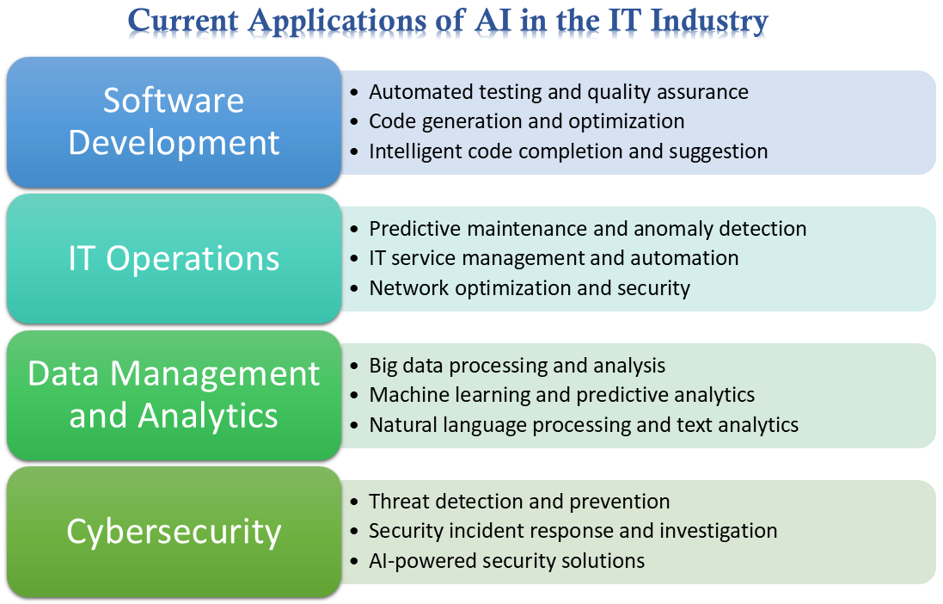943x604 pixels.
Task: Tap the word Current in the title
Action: coord(183,21)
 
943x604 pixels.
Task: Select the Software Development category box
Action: coord(174,121)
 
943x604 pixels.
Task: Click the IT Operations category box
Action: coord(174,258)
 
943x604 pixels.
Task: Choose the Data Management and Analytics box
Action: coord(174,395)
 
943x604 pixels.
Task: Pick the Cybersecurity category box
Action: coord(174,532)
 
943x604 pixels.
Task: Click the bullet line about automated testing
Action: coord(559,92)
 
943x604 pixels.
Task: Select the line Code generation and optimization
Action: coord(527,121)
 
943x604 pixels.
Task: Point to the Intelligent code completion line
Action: coord(568,151)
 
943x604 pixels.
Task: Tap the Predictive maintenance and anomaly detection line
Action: coord(588,229)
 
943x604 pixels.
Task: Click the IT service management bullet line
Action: coord(554,258)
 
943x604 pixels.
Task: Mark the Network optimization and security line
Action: coord(530,288)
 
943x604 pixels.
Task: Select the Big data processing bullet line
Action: coord(517,366)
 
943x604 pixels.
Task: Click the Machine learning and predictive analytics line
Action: coord(561,395)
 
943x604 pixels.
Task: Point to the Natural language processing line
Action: coord(584,424)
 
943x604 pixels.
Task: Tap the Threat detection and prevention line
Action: coord(519,502)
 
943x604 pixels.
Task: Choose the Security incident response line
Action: coord(573,531)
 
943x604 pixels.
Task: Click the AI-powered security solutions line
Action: coord(507,561)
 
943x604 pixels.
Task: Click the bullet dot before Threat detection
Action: coord(354,502)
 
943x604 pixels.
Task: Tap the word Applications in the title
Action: coord(357,22)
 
